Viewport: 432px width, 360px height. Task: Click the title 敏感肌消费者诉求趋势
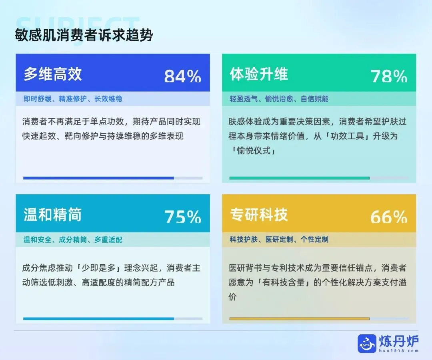(x=84, y=35)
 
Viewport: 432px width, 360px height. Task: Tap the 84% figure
(x=182, y=76)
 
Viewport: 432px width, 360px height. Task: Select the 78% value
(x=389, y=76)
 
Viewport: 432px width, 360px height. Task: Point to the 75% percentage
(x=182, y=217)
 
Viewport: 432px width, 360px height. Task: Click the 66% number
(x=389, y=217)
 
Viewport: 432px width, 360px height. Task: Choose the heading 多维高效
(x=52, y=74)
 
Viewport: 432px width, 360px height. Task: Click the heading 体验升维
(x=259, y=74)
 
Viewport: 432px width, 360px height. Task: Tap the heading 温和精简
(x=52, y=215)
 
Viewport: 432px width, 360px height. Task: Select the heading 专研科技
(x=259, y=215)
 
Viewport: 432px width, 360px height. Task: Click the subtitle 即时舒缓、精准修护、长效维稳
(x=73, y=99)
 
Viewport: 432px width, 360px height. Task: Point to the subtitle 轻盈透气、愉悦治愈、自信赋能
(x=279, y=99)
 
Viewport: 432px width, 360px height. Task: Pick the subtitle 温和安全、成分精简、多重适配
(x=73, y=240)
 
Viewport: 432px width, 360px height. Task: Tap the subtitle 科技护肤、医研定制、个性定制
(x=279, y=240)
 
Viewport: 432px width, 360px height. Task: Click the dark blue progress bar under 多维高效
(x=98, y=178)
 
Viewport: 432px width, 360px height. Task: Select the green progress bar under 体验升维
(x=299, y=178)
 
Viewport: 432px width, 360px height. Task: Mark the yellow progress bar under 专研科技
(x=299, y=319)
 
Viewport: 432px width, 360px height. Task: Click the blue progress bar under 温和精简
(x=98, y=319)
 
